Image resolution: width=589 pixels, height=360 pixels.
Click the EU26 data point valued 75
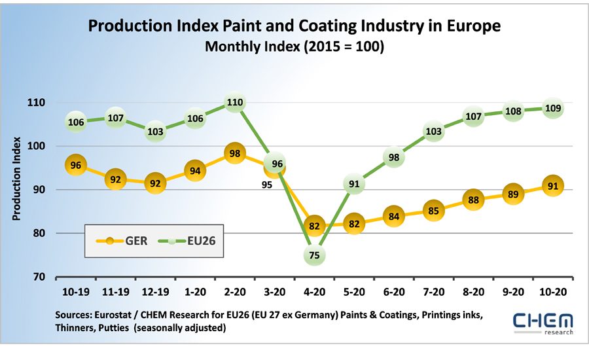(314, 255)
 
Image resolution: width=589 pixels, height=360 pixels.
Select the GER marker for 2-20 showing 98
(235, 153)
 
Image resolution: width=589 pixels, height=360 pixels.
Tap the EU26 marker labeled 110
(235, 102)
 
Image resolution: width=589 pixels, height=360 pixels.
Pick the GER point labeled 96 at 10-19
(76, 166)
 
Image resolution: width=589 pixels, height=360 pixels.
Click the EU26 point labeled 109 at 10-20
(552, 108)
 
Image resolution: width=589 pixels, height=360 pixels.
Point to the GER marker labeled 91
(552, 185)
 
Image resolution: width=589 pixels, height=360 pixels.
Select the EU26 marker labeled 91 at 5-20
(354, 184)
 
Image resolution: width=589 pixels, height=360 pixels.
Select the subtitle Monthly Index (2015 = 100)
(294, 47)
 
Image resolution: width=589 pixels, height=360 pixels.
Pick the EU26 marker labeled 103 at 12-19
(155, 131)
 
